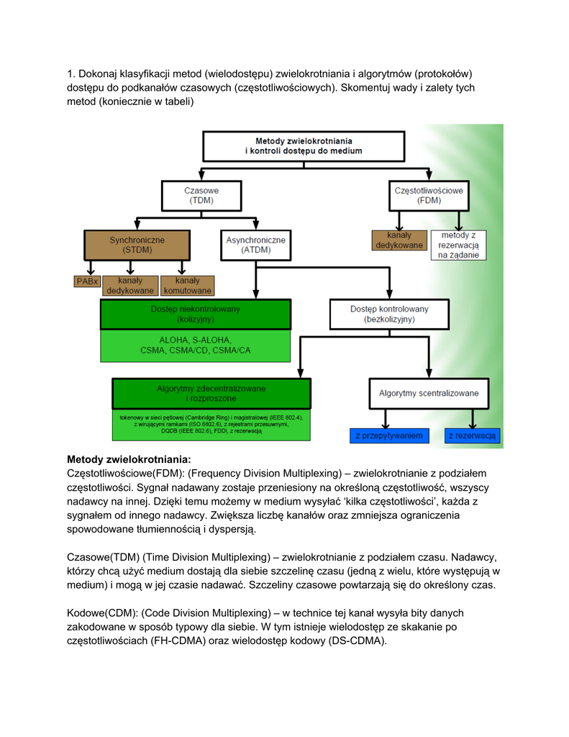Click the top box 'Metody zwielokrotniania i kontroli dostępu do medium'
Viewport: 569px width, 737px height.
point(304,146)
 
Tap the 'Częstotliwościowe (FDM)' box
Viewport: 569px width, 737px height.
point(429,196)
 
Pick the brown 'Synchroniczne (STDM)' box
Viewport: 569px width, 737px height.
point(137,245)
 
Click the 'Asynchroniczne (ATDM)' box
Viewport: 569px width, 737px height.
point(255,245)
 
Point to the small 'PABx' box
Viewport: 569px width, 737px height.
point(86,281)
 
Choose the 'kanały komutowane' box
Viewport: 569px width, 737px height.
point(187,286)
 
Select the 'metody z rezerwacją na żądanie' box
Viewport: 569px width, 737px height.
point(458,245)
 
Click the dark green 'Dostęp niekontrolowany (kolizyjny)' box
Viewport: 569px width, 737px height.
point(195,315)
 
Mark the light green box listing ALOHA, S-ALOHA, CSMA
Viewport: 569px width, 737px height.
point(195,345)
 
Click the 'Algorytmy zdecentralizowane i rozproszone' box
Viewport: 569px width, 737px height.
point(211,393)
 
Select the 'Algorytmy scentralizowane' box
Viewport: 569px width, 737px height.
point(428,394)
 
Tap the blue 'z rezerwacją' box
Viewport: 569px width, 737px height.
point(472,435)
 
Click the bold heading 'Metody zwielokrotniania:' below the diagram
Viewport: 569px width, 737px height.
point(129,459)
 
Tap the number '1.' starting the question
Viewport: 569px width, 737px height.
point(71,73)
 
